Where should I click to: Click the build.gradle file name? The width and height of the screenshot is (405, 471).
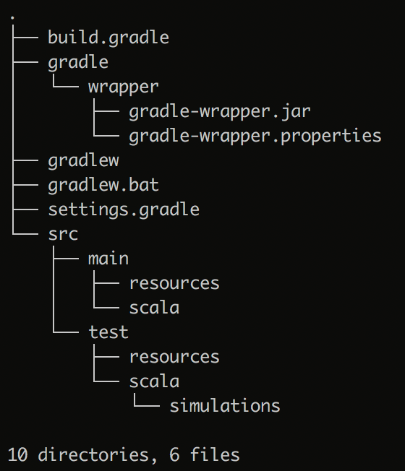tap(108, 38)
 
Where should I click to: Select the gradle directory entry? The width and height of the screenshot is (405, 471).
tap(78, 63)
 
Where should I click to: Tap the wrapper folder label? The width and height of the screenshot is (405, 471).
tap(123, 87)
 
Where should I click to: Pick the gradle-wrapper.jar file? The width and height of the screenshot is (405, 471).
tap(220, 112)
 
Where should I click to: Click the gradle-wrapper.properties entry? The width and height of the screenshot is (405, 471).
tap(255, 137)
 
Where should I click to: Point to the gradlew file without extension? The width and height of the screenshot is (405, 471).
tap(84, 160)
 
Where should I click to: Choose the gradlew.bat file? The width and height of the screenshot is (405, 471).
tap(103, 186)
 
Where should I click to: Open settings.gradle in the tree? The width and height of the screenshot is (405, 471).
tap(124, 209)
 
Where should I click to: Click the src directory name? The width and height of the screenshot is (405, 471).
tap(63, 235)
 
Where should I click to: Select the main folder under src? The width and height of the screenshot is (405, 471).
tap(108, 259)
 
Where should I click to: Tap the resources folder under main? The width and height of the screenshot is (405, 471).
tap(174, 284)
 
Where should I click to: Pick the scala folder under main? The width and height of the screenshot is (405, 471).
tap(154, 308)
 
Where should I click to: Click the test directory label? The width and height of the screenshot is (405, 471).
tap(108, 332)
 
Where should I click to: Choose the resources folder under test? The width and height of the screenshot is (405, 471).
tap(174, 357)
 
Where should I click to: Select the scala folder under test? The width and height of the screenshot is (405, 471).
tap(154, 381)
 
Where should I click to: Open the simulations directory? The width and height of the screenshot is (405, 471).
tap(225, 406)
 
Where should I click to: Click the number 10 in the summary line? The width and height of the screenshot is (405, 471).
tap(18, 454)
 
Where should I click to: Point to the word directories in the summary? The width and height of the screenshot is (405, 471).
tap(94, 454)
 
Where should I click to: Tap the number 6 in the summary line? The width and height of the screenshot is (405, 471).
tap(174, 454)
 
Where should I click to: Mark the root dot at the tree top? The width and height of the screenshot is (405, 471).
tap(12, 18)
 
